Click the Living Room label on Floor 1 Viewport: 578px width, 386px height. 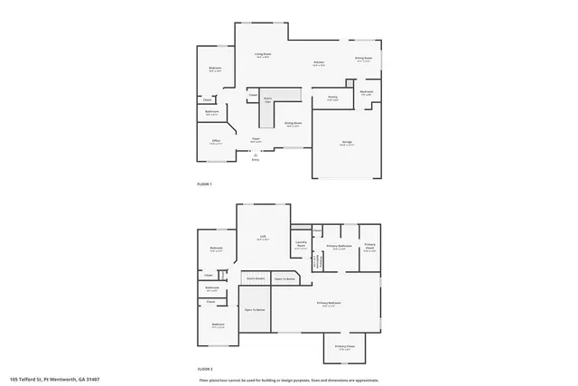(263, 55)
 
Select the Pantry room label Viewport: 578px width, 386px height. (332, 97)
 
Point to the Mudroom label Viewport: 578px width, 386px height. (367, 91)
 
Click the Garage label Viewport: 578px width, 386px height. (347, 141)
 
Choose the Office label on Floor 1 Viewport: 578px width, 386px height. (217, 140)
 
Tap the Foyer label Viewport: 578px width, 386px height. (256, 139)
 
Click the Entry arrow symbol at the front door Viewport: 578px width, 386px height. (255, 155)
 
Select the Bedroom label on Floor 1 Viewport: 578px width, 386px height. (215, 69)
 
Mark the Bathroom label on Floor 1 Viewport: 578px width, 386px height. (211, 112)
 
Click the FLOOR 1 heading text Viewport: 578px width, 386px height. (204, 184)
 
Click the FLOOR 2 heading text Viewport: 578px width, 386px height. (204, 369)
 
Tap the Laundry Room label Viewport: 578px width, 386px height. (300, 245)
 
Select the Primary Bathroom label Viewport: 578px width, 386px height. (339, 246)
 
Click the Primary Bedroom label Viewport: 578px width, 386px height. (326, 303)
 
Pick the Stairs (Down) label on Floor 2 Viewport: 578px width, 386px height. (256, 278)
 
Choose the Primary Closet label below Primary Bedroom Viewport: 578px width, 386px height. (344, 346)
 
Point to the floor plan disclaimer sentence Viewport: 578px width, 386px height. (288, 380)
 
